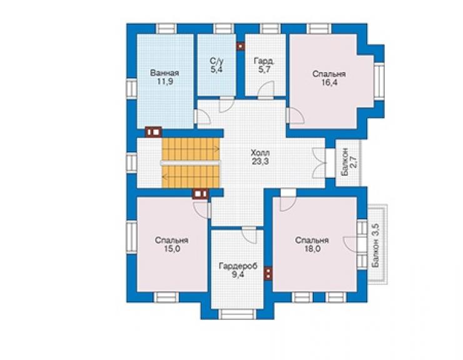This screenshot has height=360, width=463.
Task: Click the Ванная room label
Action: [x=165, y=73]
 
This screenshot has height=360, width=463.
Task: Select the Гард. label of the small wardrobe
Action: [x=264, y=61]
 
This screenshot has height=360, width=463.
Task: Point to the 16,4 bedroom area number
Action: [x=329, y=83]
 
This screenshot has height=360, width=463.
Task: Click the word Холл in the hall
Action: [x=260, y=153]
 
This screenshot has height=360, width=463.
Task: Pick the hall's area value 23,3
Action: [x=260, y=162]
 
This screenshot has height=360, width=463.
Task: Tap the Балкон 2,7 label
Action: [x=349, y=162]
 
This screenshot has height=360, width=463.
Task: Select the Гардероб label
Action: [x=238, y=266]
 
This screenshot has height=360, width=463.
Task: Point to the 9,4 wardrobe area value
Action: [x=238, y=275]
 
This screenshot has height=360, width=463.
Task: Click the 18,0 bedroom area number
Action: [x=312, y=249]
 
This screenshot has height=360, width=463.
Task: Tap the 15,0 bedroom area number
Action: [x=172, y=249]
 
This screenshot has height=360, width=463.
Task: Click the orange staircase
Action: [x=191, y=163]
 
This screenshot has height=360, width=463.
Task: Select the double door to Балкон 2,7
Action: [x=319, y=163]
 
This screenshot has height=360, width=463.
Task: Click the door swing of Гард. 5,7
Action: [x=266, y=90]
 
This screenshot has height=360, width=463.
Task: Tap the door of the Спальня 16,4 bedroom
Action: [x=295, y=115]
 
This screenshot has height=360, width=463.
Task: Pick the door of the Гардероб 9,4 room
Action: [x=250, y=235]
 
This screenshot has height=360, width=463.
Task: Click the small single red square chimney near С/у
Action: [x=241, y=46]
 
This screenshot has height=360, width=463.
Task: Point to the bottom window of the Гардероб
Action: [x=237, y=314]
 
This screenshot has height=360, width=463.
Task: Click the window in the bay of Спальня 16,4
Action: [x=379, y=81]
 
